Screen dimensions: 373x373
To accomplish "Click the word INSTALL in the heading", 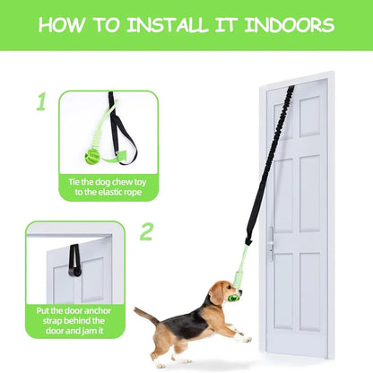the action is pyautogui.click(x=167, y=25).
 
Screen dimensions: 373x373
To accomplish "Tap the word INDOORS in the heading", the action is pyautogui.click(x=290, y=25).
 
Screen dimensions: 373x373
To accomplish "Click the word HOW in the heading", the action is pyautogui.click(x=62, y=25).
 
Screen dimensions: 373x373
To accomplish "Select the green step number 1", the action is pyautogui.click(x=41, y=101).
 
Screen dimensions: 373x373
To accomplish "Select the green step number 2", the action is pyautogui.click(x=146, y=231).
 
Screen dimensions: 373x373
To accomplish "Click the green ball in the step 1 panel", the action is pyautogui.click(x=92, y=157).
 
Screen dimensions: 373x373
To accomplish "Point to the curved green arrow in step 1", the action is pyautogui.click(x=115, y=158).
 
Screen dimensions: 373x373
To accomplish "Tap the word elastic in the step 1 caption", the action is pyautogui.click(x=108, y=192).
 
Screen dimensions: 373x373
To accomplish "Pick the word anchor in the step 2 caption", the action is pyautogui.click(x=97, y=311).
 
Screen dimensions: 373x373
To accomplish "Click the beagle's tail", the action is pyautogui.click(x=146, y=316).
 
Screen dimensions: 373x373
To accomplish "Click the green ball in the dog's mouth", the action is pyautogui.click(x=233, y=298).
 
